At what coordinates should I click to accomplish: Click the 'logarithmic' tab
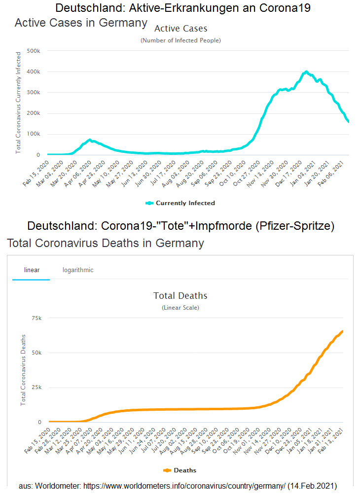[78, 270]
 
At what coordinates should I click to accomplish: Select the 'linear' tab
[32, 270]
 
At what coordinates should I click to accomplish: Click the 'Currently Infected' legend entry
[180, 203]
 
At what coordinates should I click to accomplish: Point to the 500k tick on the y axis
[33, 51]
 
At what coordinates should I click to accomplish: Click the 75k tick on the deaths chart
[37, 318]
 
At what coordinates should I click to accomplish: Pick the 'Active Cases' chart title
[180, 29]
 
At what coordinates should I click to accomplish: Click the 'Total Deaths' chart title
[180, 296]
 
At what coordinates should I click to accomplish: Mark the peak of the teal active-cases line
[306, 72]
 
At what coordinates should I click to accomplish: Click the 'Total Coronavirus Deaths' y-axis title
[23, 370]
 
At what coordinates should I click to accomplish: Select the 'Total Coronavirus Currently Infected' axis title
[18, 102]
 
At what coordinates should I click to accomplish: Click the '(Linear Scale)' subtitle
[180, 308]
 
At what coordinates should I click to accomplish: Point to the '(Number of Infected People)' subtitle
[180, 40]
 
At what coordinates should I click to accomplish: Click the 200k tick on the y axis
[33, 113]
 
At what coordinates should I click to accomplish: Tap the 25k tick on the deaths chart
[37, 388]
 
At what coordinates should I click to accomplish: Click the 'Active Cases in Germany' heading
[81, 23]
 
